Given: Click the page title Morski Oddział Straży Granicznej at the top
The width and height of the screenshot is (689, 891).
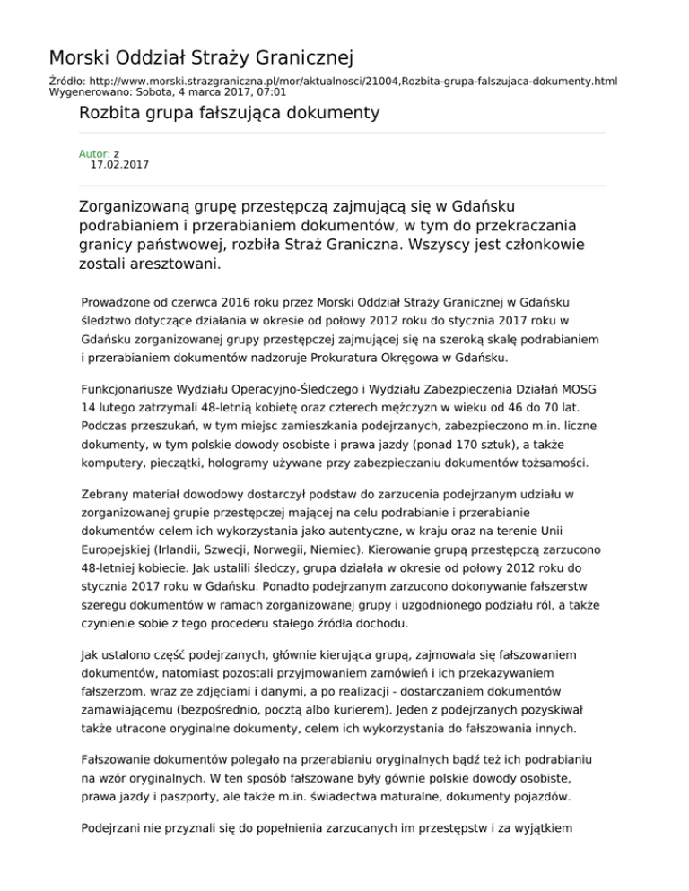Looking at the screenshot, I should coord(200,59).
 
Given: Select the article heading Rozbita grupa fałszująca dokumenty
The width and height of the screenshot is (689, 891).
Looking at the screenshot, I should coord(229,113).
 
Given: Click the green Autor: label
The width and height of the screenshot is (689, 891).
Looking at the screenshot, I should coord(94,154).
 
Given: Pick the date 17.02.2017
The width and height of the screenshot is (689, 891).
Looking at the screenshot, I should coord(120,165).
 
